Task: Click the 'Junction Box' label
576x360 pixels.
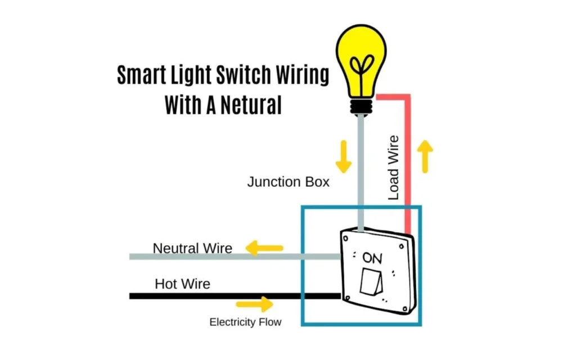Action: click(288, 182)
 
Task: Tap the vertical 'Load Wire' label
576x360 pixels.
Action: click(394, 168)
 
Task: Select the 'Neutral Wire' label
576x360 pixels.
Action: click(192, 248)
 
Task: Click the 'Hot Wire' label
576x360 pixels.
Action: click(182, 284)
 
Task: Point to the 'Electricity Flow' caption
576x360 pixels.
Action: click(245, 322)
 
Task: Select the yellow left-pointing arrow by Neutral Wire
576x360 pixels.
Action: click(264, 247)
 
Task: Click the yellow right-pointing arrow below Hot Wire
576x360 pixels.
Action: click(254, 305)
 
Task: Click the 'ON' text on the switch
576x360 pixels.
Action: click(372, 258)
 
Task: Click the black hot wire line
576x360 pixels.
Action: click(225, 296)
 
